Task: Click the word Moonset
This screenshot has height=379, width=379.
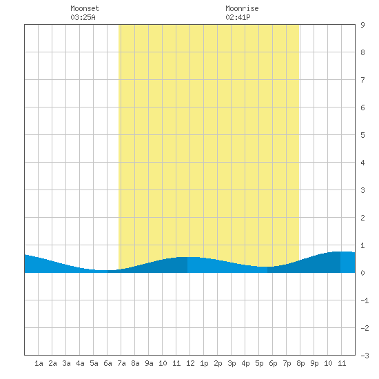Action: (85, 8)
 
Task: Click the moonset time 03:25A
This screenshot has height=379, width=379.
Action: (83, 17)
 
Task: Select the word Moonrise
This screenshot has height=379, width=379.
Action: (242, 8)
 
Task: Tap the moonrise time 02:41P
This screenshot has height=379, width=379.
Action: (238, 17)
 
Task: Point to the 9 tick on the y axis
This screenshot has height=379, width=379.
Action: (362, 25)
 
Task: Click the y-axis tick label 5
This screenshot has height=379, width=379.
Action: (362, 135)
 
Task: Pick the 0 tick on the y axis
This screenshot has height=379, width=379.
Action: (362, 273)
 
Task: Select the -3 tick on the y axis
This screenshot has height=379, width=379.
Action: (365, 356)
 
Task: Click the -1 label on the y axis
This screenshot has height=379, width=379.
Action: (365, 300)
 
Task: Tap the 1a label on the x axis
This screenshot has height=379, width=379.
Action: (39, 363)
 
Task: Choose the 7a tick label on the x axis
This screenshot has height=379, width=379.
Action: (121, 363)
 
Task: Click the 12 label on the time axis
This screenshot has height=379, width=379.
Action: (190, 363)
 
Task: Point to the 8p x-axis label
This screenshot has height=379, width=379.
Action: (300, 363)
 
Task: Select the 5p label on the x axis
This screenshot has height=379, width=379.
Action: (259, 363)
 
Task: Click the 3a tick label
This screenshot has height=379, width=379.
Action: (66, 363)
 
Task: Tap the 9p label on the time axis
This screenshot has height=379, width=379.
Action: (314, 363)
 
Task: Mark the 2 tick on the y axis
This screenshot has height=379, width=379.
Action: (362, 218)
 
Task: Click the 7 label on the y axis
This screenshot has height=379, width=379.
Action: (362, 80)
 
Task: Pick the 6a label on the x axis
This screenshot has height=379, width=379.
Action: (107, 363)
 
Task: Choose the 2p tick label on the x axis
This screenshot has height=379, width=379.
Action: (218, 363)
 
